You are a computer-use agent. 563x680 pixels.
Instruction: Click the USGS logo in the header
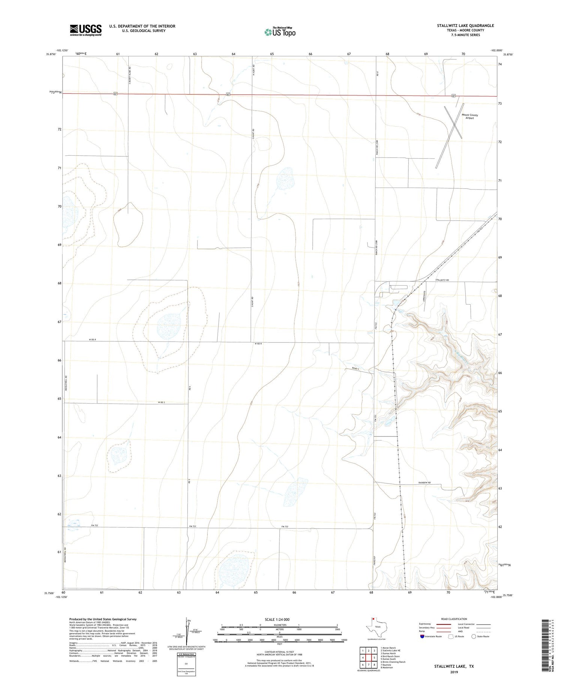pos(86,30)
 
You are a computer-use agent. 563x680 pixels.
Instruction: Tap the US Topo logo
pos(280,32)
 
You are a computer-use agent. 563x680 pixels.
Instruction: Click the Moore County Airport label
pos(470,117)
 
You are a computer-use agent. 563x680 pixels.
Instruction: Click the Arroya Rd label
pos(425,295)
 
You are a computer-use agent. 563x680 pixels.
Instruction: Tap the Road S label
pos(356,369)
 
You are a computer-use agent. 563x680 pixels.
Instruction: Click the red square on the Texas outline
pos(373,619)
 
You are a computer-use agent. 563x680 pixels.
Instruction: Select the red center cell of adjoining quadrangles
pos(369,657)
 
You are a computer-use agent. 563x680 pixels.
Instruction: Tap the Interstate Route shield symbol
pos(422,636)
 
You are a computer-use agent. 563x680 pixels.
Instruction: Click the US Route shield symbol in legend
pos(451,636)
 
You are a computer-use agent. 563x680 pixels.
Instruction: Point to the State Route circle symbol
pos(474,636)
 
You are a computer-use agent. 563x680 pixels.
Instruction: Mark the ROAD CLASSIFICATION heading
pos(454,619)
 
